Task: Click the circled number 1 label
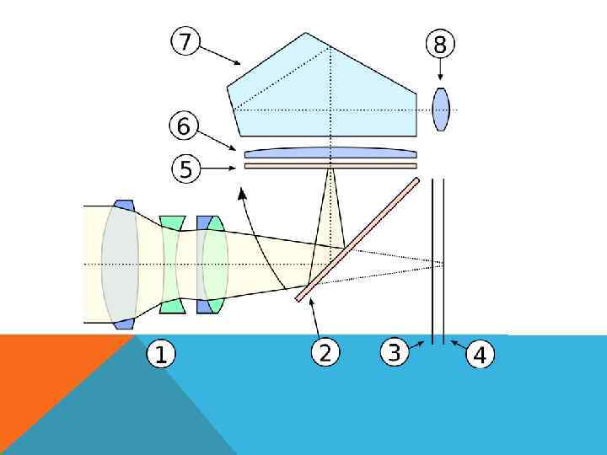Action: pyautogui.click(x=161, y=355)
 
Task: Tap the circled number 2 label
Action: pyautogui.click(x=325, y=353)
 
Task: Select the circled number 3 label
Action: pyautogui.click(x=394, y=351)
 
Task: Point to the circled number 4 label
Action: pyautogui.click(x=480, y=355)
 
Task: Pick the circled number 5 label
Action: pyautogui.click(x=186, y=169)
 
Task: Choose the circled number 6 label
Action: pyautogui.click(x=185, y=128)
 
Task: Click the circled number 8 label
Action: pyautogui.click(x=440, y=44)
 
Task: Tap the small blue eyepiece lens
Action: pyautogui.click(x=441, y=110)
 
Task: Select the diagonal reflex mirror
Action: pyautogui.click(x=358, y=238)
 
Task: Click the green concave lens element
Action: pyautogui.click(x=171, y=264)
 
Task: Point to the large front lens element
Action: pyautogui.click(x=121, y=264)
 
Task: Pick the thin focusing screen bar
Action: pyautogui.click(x=330, y=166)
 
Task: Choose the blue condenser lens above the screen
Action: pyautogui.click(x=330, y=153)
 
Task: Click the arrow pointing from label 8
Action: pyautogui.click(x=440, y=70)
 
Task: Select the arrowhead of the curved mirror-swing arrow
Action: pyautogui.click(x=244, y=196)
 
